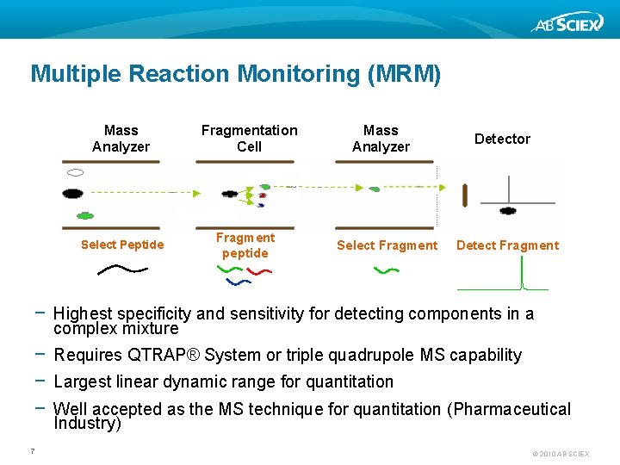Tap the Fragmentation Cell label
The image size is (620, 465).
pos(249,139)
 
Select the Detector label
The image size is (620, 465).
pos(502,139)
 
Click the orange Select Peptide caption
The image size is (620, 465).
pos(122,245)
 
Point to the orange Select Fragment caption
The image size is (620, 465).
pos(387,245)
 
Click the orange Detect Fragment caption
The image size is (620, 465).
pos(507,245)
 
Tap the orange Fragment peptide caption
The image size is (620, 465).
pos(245,245)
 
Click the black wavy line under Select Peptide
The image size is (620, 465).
pos(122,270)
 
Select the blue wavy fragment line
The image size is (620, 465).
pos(238,281)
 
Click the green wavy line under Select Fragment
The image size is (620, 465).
pos(387,270)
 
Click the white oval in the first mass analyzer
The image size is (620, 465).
pos(75,172)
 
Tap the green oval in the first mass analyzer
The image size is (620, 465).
pos(84,215)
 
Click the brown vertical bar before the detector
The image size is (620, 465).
pos(465,195)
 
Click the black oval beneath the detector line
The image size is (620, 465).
pos(508,210)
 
